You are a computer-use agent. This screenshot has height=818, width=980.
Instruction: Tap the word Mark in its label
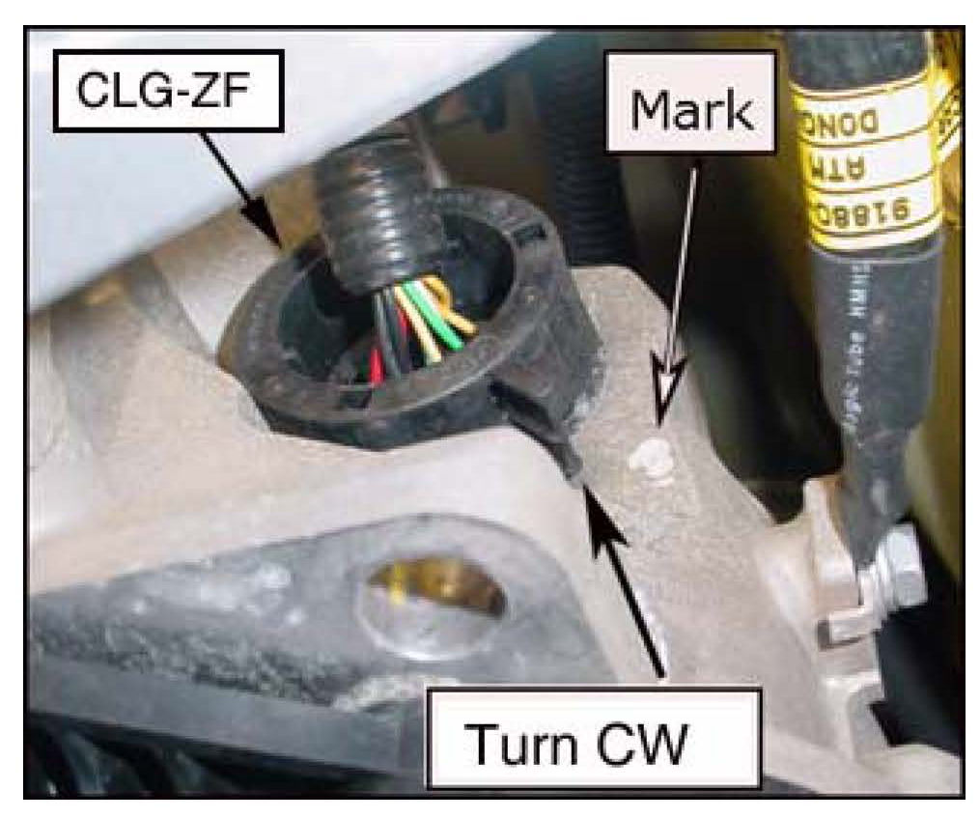(690, 112)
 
